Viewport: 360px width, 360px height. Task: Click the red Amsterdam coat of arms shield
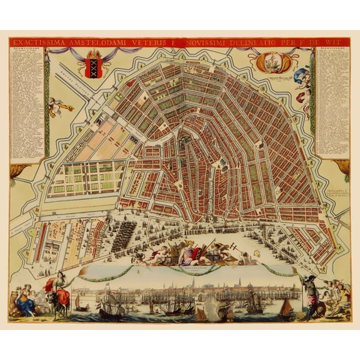(x=93, y=65)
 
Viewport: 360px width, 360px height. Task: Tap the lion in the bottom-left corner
(x=15, y=309)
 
